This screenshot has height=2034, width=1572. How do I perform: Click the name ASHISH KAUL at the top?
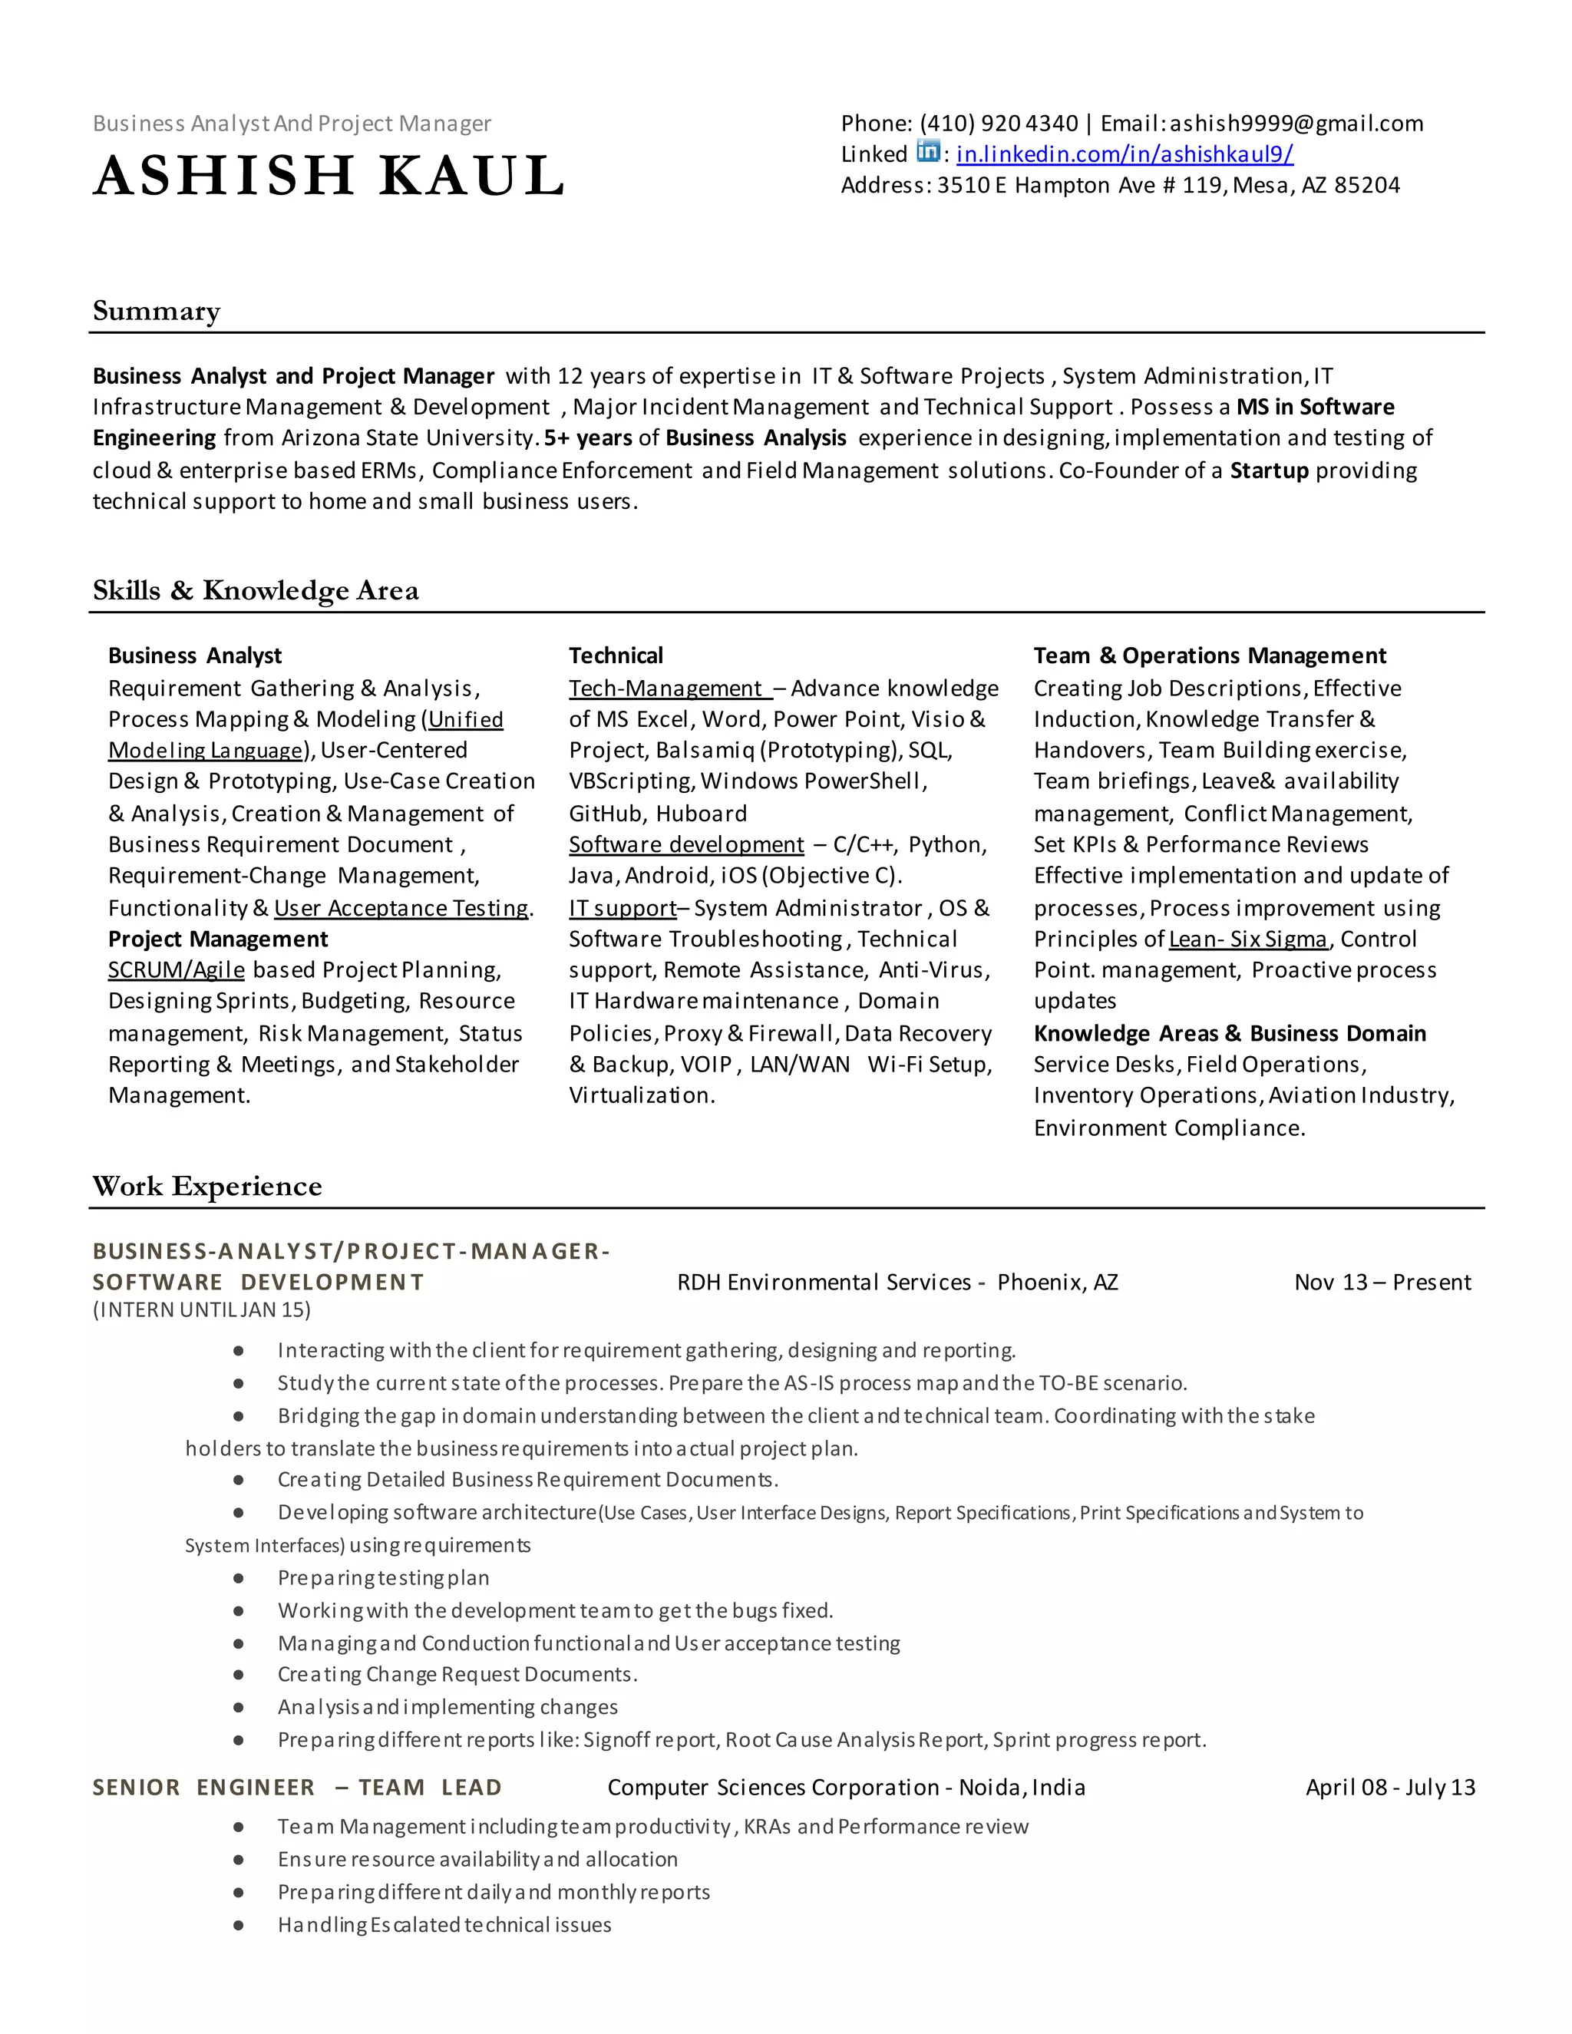coord(329,175)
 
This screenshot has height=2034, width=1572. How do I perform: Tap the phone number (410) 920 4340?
coord(999,124)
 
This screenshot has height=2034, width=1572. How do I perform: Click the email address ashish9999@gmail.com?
coord(1296,124)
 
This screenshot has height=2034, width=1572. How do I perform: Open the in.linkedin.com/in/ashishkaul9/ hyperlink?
coord(1124,154)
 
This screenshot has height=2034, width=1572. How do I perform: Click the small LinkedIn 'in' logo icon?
coord(927,151)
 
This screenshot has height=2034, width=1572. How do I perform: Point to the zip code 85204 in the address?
coord(1366,185)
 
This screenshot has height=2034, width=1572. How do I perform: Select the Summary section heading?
coord(157,311)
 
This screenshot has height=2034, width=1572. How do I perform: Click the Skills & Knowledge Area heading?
coord(255,590)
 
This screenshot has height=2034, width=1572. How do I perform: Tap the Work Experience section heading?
coord(206,1187)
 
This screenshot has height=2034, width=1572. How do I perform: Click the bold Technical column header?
coord(616,655)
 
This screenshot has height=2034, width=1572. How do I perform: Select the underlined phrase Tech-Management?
coord(667,688)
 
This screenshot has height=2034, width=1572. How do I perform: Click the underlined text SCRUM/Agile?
coord(176,970)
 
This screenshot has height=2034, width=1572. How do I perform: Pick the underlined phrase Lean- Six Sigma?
coord(1247,939)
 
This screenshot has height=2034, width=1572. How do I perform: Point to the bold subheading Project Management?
coord(218,939)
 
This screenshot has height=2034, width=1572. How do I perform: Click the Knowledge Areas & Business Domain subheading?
coord(1230,1034)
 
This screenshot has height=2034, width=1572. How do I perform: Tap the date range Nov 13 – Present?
coord(1382,1283)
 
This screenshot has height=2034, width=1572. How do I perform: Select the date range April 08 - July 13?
coord(1389,1787)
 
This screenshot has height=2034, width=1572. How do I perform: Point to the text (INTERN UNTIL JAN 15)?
coord(201,1309)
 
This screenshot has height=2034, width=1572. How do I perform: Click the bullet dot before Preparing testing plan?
coord(239,1579)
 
